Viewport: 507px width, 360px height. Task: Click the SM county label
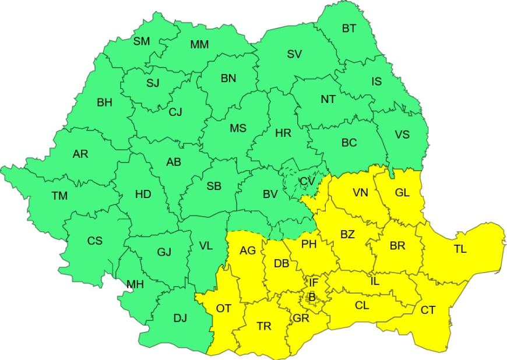coord(142,41)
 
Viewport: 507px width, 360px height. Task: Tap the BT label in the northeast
coord(348,29)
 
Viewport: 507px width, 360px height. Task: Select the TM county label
coord(59,196)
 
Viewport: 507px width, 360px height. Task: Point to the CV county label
coord(307,181)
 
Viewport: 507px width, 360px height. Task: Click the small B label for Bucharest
coord(312,297)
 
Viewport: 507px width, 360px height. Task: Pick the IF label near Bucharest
coord(314,283)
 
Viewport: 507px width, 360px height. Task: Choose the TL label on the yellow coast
coord(460,249)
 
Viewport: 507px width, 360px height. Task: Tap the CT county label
coord(428,310)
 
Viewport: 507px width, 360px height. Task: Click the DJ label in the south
coord(180,318)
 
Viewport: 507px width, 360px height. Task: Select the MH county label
coord(135,284)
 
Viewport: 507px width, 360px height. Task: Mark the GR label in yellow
coord(301,318)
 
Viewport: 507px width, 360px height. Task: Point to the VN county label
coord(360,193)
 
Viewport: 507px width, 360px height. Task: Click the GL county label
coord(402,193)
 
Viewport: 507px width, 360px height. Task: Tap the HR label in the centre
coord(283,133)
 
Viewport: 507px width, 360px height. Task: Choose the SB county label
coord(214,186)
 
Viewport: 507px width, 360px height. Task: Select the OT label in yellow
coord(223,309)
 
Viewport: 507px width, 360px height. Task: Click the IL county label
coord(375,281)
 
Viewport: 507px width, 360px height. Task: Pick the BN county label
coord(228,79)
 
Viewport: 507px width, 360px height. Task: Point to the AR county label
coord(80,154)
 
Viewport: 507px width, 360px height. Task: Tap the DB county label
coord(281,264)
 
